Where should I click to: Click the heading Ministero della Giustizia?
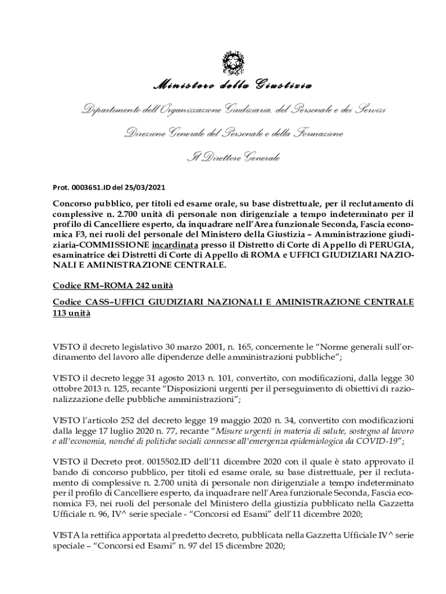point(232,86)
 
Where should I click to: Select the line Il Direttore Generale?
point(232,157)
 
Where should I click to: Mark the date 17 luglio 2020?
point(118,430)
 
